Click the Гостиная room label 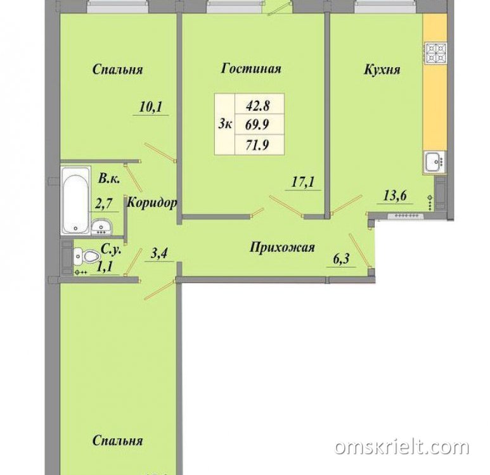[x=251, y=68]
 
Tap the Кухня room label [x=382, y=69]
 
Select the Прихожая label [x=282, y=248]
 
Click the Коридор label [x=152, y=203]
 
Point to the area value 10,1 [x=151, y=107]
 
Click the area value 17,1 [x=303, y=182]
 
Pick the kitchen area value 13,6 [x=395, y=196]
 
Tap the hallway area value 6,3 [x=341, y=259]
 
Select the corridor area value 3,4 [x=159, y=253]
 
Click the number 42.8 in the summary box [x=258, y=106]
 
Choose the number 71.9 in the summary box [x=258, y=145]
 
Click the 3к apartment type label [x=224, y=125]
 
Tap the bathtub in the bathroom [x=75, y=201]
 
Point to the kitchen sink [x=434, y=161]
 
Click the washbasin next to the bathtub [x=101, y=226]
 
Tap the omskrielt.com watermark [x=402, y=447]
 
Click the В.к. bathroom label [x=109, y=179]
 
